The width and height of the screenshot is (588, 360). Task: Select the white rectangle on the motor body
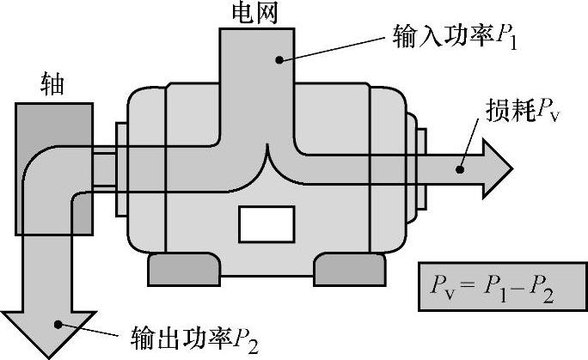coord(266,223)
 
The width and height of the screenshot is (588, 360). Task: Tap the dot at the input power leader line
coord(279,58)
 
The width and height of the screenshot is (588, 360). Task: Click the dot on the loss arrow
coord(460,168)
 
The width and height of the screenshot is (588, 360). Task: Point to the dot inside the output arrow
coord(58,323)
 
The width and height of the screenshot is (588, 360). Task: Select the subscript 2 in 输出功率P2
coord(254,340)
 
